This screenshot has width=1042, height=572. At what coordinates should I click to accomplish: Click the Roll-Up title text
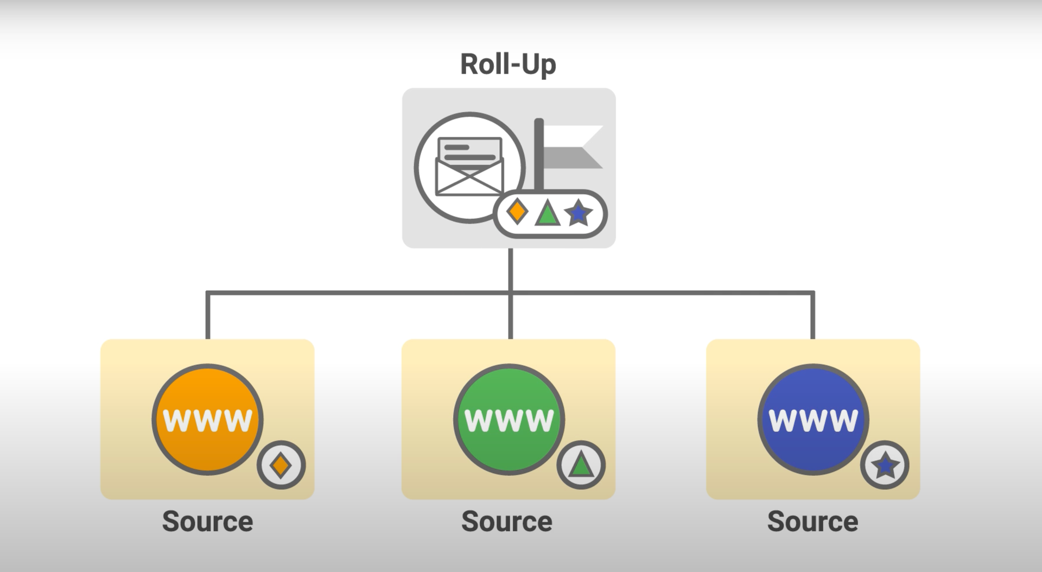[508, 65]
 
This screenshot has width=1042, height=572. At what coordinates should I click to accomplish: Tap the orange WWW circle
[207, 420]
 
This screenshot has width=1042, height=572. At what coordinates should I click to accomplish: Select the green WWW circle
[509, 420]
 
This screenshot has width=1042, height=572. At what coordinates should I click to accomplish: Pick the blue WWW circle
[813, 420]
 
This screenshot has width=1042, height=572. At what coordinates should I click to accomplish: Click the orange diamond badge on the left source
[281, 465]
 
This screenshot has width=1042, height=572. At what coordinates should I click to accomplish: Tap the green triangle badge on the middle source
[581, 465]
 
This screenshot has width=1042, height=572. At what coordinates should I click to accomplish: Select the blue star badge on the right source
[885, 465]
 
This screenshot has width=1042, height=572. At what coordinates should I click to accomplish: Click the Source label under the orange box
[207, 522]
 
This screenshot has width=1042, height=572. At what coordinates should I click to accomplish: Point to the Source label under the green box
[506, 522]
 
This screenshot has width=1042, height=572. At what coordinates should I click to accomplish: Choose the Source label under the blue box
[812, 522]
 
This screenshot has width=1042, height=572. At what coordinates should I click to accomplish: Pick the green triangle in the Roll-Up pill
[547, 213]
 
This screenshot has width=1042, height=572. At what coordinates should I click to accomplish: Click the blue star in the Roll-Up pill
[578, 213]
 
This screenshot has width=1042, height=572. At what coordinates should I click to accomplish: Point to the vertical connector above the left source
[207, 317]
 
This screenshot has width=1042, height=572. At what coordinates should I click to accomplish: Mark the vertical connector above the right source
[812, 317]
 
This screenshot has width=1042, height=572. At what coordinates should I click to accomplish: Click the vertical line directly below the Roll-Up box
[510, 269]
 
